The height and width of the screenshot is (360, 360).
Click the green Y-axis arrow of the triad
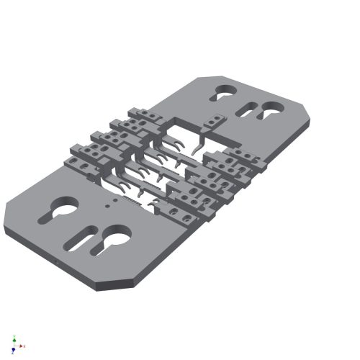click(x=14, y=338)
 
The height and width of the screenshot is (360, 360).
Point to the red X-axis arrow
click(x=22, y=347)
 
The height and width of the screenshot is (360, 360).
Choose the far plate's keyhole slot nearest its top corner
click(x=224, y=93)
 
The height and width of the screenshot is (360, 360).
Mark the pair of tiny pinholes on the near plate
click(x=107, y=204)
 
